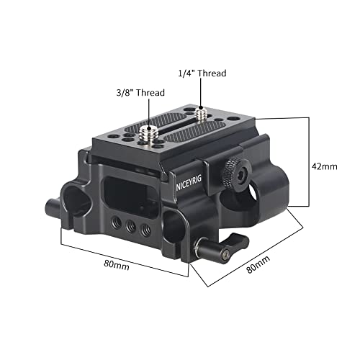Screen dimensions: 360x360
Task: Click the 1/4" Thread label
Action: tap(202, 73)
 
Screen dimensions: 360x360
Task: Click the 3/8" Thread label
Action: tap(140, 93)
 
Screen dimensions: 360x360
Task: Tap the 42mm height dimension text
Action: tap(325, 166)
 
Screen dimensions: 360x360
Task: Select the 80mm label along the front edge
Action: tap(117, 265)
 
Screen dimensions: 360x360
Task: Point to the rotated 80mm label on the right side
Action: tap(258, 264)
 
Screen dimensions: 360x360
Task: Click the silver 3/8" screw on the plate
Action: tap(148, 135)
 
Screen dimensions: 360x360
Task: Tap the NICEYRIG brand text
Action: tap(189, 183)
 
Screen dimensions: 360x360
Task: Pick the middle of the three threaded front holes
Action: tap(131, 225)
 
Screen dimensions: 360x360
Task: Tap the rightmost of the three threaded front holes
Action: tap(145, 230)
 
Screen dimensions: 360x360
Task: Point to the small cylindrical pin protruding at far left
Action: tap(53, 206)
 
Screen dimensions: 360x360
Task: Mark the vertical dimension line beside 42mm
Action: tap(309, 162)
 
